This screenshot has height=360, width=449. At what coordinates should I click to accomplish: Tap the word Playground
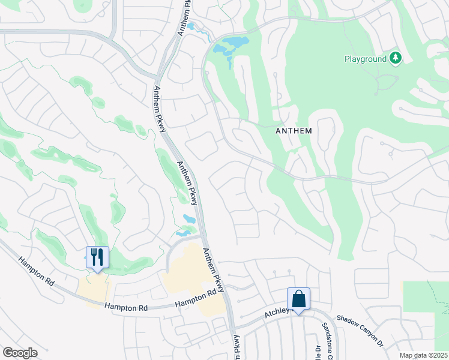pos(365,59)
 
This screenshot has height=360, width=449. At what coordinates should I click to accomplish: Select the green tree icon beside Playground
pos(395,58)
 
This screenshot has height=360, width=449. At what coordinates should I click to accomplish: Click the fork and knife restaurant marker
pos(97,257)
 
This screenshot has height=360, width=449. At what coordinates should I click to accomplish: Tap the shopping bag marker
pos(298,299)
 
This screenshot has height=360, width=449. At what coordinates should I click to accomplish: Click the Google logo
pos(20,353)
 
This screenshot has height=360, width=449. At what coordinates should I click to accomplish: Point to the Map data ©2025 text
pos(423,355)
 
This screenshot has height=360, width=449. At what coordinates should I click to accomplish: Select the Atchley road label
pos(277,313)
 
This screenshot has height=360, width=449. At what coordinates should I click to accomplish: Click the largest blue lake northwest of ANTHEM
pos(231,46)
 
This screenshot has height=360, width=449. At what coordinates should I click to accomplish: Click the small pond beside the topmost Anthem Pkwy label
pos(191,26)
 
